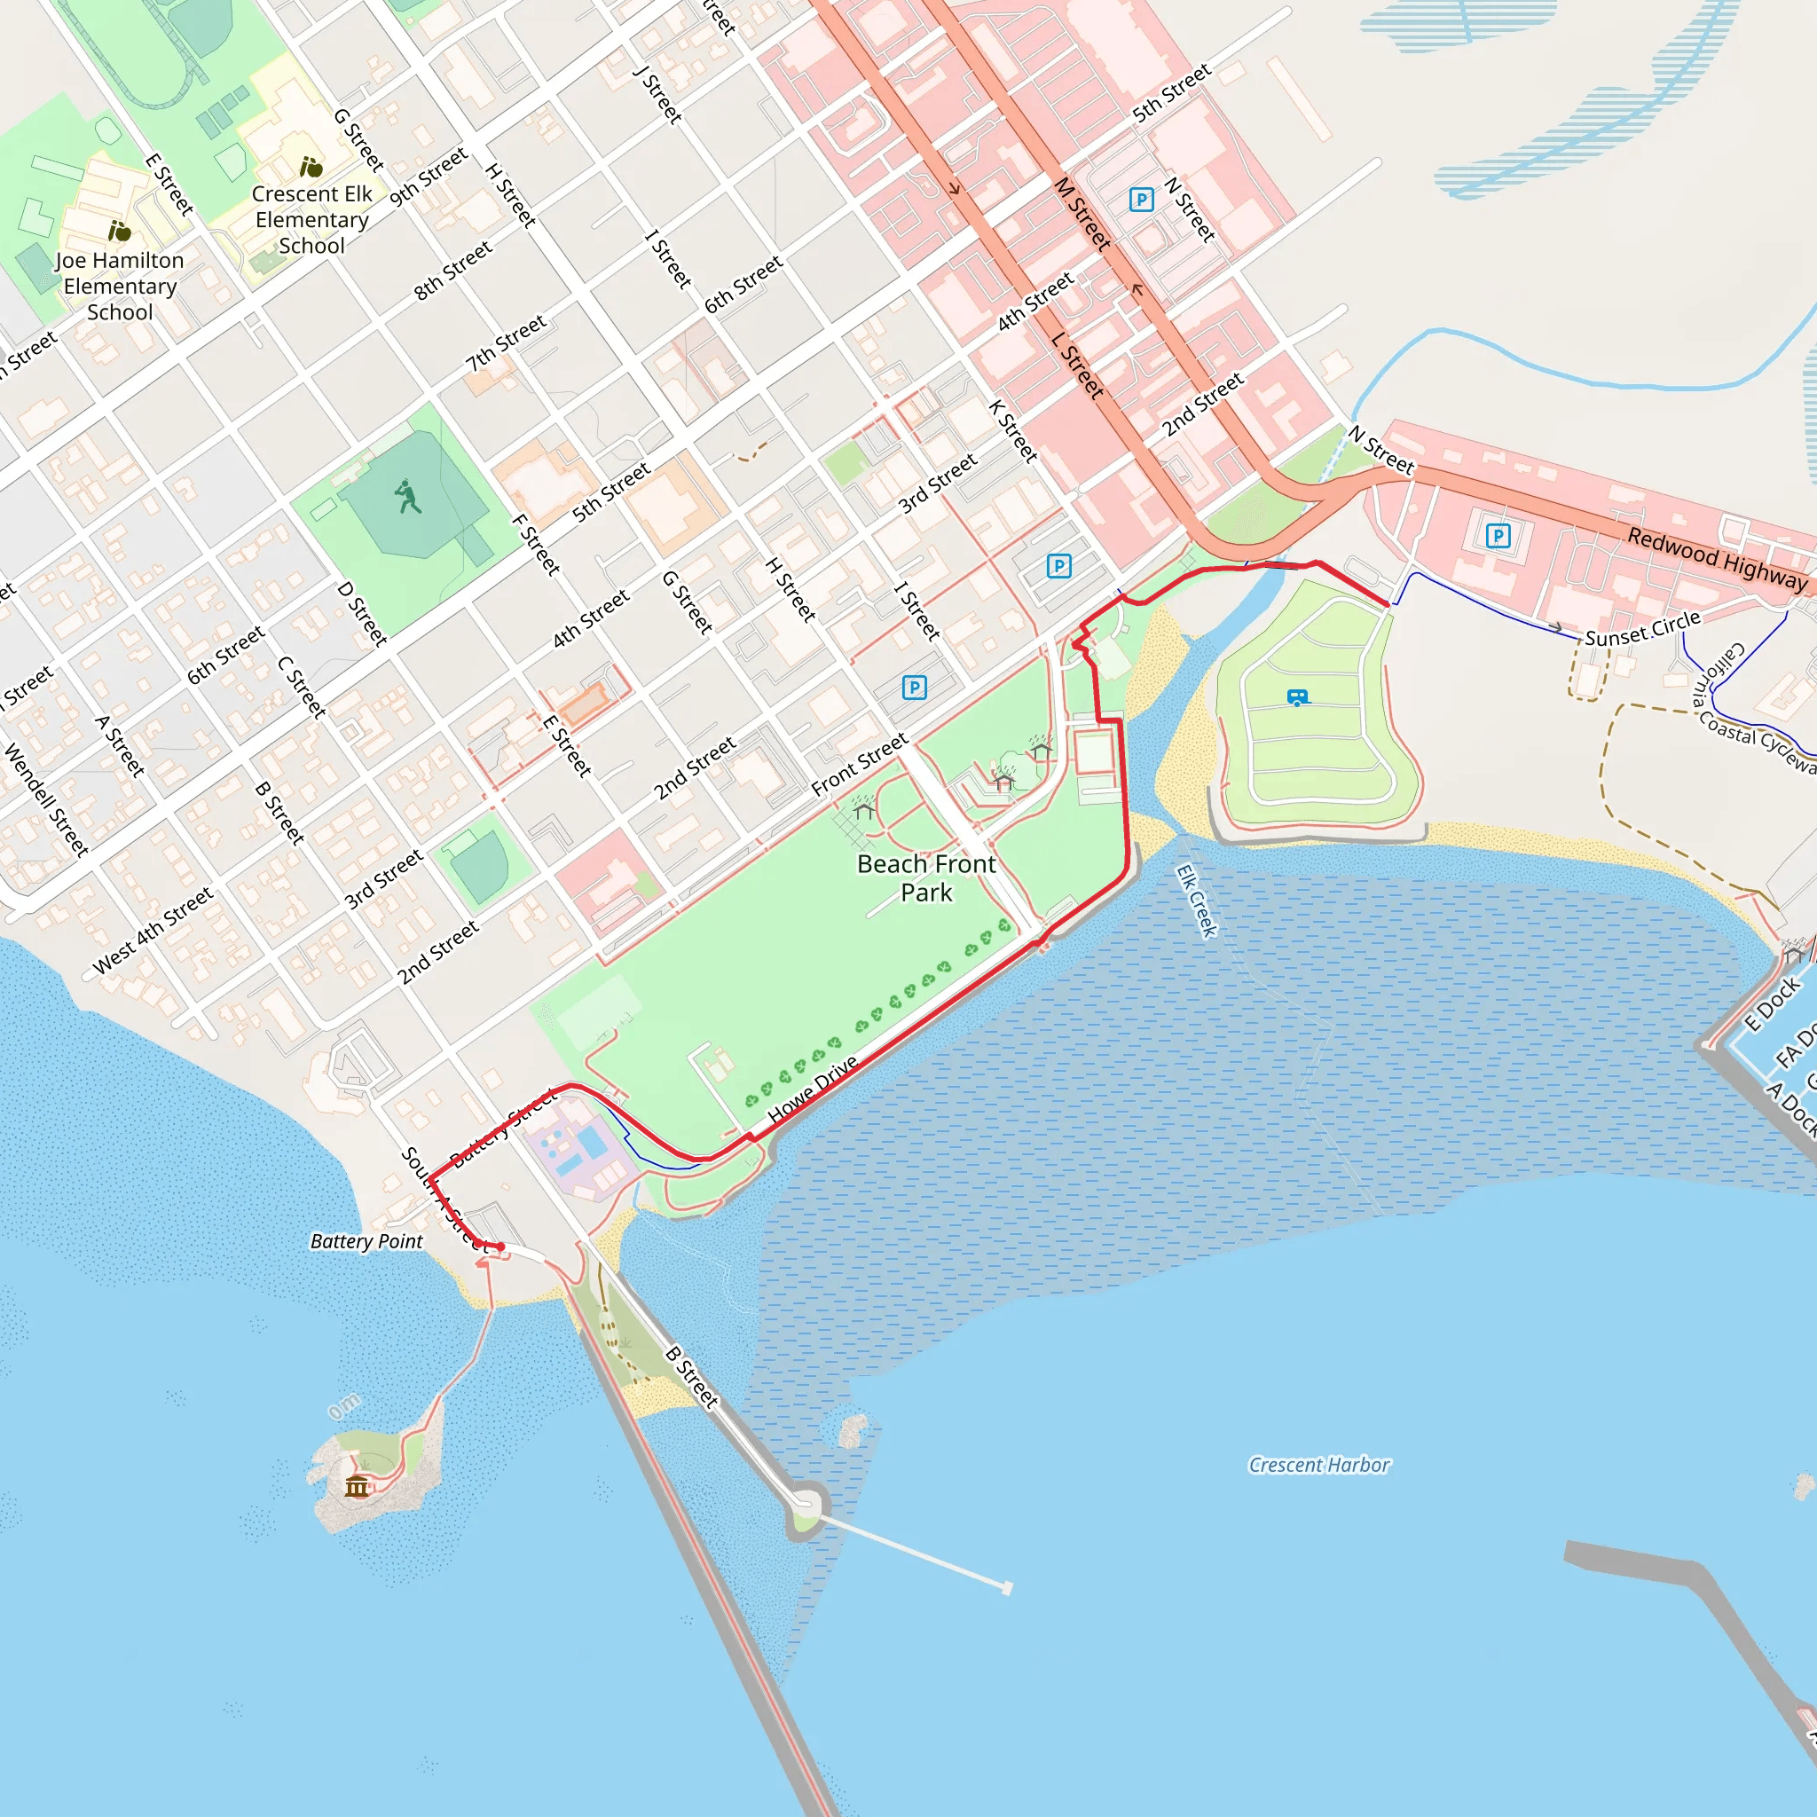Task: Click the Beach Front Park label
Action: tap(925, 877)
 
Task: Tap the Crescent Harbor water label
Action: tap(1318, 1464)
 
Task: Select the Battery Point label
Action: tap(366, 1241)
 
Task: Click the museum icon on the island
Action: tap(357, 1486)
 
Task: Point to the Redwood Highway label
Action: tap(1717, 559)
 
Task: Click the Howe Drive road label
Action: tap(813, 1088)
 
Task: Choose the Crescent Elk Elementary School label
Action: tap(311, 219)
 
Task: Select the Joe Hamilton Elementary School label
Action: tap(120, 286)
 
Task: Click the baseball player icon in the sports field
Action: tap(407, 497)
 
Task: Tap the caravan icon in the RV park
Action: tap(1298, 698)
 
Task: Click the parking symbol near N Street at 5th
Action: tap(1141, 200)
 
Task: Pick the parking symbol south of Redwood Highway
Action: tap(1498, 536)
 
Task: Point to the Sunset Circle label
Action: tap(1642, 628)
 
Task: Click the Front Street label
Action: tap(860, 764)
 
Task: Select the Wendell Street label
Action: tap(46, 799)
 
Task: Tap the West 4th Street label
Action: tap(153, 929)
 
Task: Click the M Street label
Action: tap(1082, 214)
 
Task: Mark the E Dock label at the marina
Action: tap(1771, 1003)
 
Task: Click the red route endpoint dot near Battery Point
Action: tap(500, 1247)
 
